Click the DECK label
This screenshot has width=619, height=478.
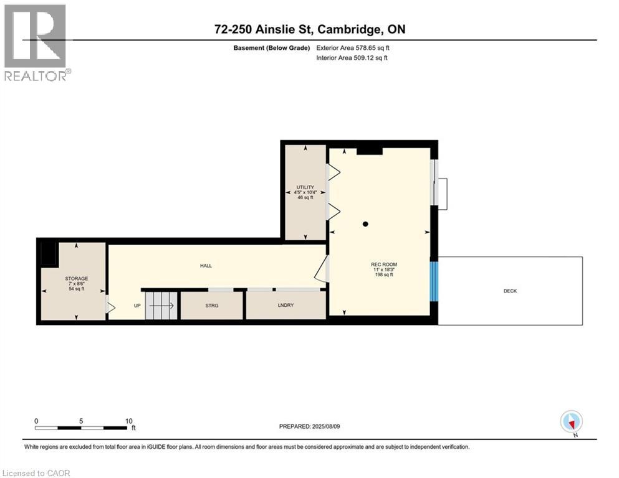[x=511, y=291]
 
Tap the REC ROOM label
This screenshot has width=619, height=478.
[x=384, y=265]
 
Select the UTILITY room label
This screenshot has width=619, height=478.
[x=305, y=187]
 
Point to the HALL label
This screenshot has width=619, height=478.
[x=206, y=266]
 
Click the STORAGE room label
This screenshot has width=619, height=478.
[x=77, y=279]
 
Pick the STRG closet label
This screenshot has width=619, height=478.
[x=212, y=306]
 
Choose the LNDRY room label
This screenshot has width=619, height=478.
[x=286, y=306]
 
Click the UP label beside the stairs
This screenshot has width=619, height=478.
[x=137, y=306]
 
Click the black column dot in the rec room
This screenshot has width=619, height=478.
[x=366, y=224]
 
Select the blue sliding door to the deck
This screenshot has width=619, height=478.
[x=434, y=281]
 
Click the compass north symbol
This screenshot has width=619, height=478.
[x=572, y=421]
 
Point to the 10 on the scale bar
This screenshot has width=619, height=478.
[x=128, y=421]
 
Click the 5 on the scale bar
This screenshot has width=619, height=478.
[x=81, y=421]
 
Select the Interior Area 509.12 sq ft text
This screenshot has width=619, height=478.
[x=353, y=58]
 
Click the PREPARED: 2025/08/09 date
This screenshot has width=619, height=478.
[x=309, y=426]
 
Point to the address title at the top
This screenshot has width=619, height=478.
[x=309, y=29]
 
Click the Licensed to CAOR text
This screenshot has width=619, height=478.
[x=37, y=473]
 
